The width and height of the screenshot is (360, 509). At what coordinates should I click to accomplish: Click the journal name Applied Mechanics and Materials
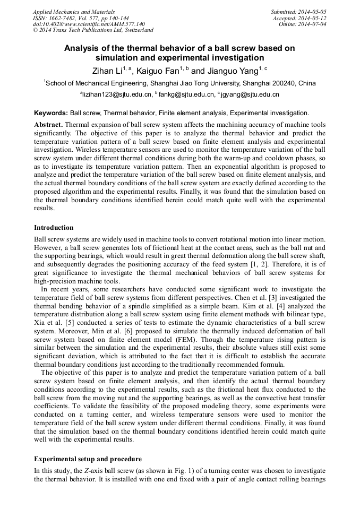73,11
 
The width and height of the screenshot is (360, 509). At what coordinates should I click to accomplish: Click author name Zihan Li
107,71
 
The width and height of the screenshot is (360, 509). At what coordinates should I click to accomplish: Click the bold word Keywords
51,113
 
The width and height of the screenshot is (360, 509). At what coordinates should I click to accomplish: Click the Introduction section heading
54,228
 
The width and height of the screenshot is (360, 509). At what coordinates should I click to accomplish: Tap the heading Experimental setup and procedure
88,459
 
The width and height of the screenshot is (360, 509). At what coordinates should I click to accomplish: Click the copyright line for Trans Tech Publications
93,30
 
